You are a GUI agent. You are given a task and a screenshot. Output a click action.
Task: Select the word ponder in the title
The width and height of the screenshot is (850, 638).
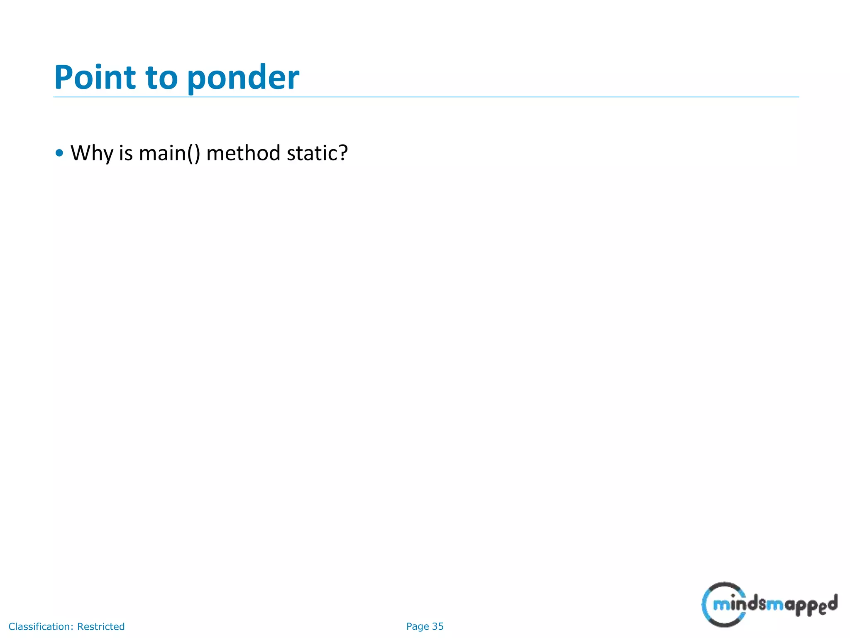tap(243, 79)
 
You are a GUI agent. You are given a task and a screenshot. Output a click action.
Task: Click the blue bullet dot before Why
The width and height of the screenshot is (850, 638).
tap(59, 153)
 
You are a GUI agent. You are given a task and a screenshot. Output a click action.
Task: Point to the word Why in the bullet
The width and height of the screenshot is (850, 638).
tap(92, 153)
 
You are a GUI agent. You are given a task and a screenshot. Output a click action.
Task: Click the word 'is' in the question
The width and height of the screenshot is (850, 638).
tap(126, 153)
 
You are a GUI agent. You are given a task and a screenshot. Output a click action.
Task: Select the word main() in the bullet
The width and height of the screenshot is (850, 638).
tap(169, 153)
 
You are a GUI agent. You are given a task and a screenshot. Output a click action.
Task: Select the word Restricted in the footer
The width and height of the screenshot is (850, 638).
tap(101, 626)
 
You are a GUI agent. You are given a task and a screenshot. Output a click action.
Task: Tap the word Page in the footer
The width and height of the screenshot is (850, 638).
tap(418, 626)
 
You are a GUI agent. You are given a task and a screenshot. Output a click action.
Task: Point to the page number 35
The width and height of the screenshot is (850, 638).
tap(438, 626)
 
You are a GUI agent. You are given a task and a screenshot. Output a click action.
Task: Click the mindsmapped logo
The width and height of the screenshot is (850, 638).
tap(769, 604)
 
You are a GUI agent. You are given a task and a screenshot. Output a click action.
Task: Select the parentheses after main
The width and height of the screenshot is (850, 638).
tap(193, 153)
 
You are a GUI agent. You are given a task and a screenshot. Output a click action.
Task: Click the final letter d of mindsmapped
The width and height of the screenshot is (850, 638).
tap(831, 603)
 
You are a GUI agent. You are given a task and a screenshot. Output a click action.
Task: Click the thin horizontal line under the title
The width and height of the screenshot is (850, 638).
tap(426, 97)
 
